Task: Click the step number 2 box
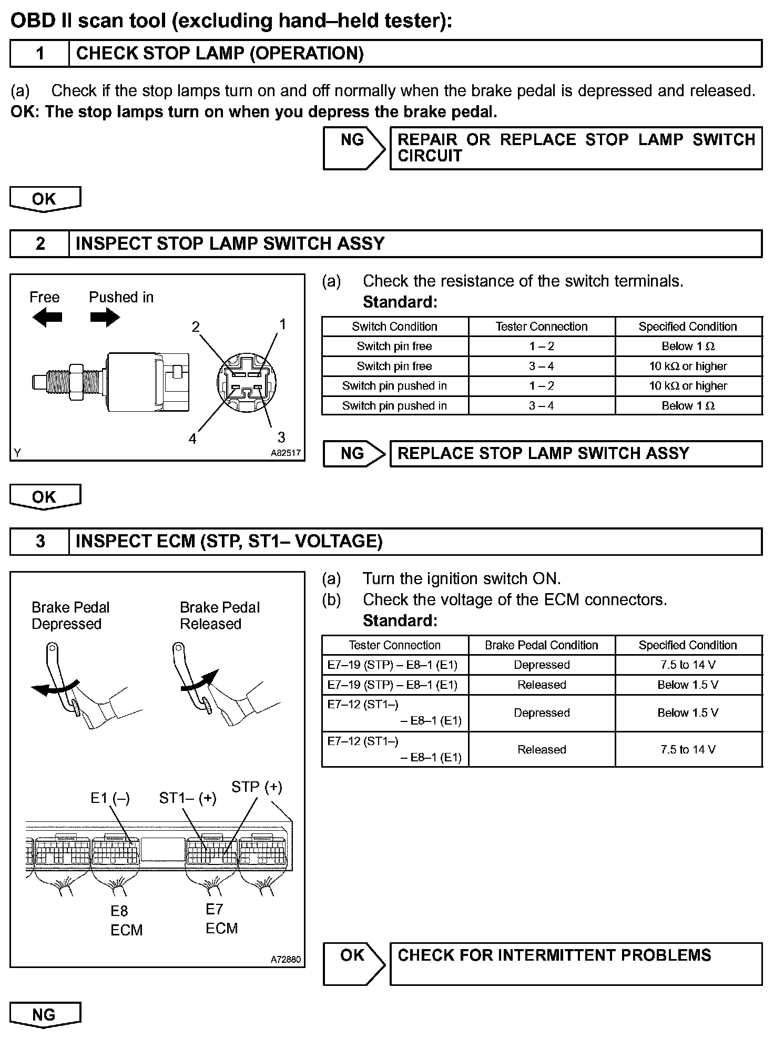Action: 40,244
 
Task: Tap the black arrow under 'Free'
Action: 47,318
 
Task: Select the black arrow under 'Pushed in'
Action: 105,318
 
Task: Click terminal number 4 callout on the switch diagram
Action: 192,439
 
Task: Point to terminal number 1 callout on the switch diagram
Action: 282,324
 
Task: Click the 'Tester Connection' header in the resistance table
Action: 542,327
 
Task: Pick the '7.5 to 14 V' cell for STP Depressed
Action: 688,665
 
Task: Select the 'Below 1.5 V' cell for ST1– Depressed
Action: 688,713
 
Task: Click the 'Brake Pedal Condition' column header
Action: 542,645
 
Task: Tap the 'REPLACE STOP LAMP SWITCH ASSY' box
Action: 576,454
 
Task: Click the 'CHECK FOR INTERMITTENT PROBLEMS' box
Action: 576,963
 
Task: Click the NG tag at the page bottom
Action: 45,1015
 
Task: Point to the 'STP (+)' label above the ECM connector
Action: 257,787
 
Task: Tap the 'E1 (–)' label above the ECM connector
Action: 110,798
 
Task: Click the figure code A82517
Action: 286,453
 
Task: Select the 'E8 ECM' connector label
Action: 126,921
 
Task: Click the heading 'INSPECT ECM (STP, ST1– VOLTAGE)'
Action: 229,542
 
